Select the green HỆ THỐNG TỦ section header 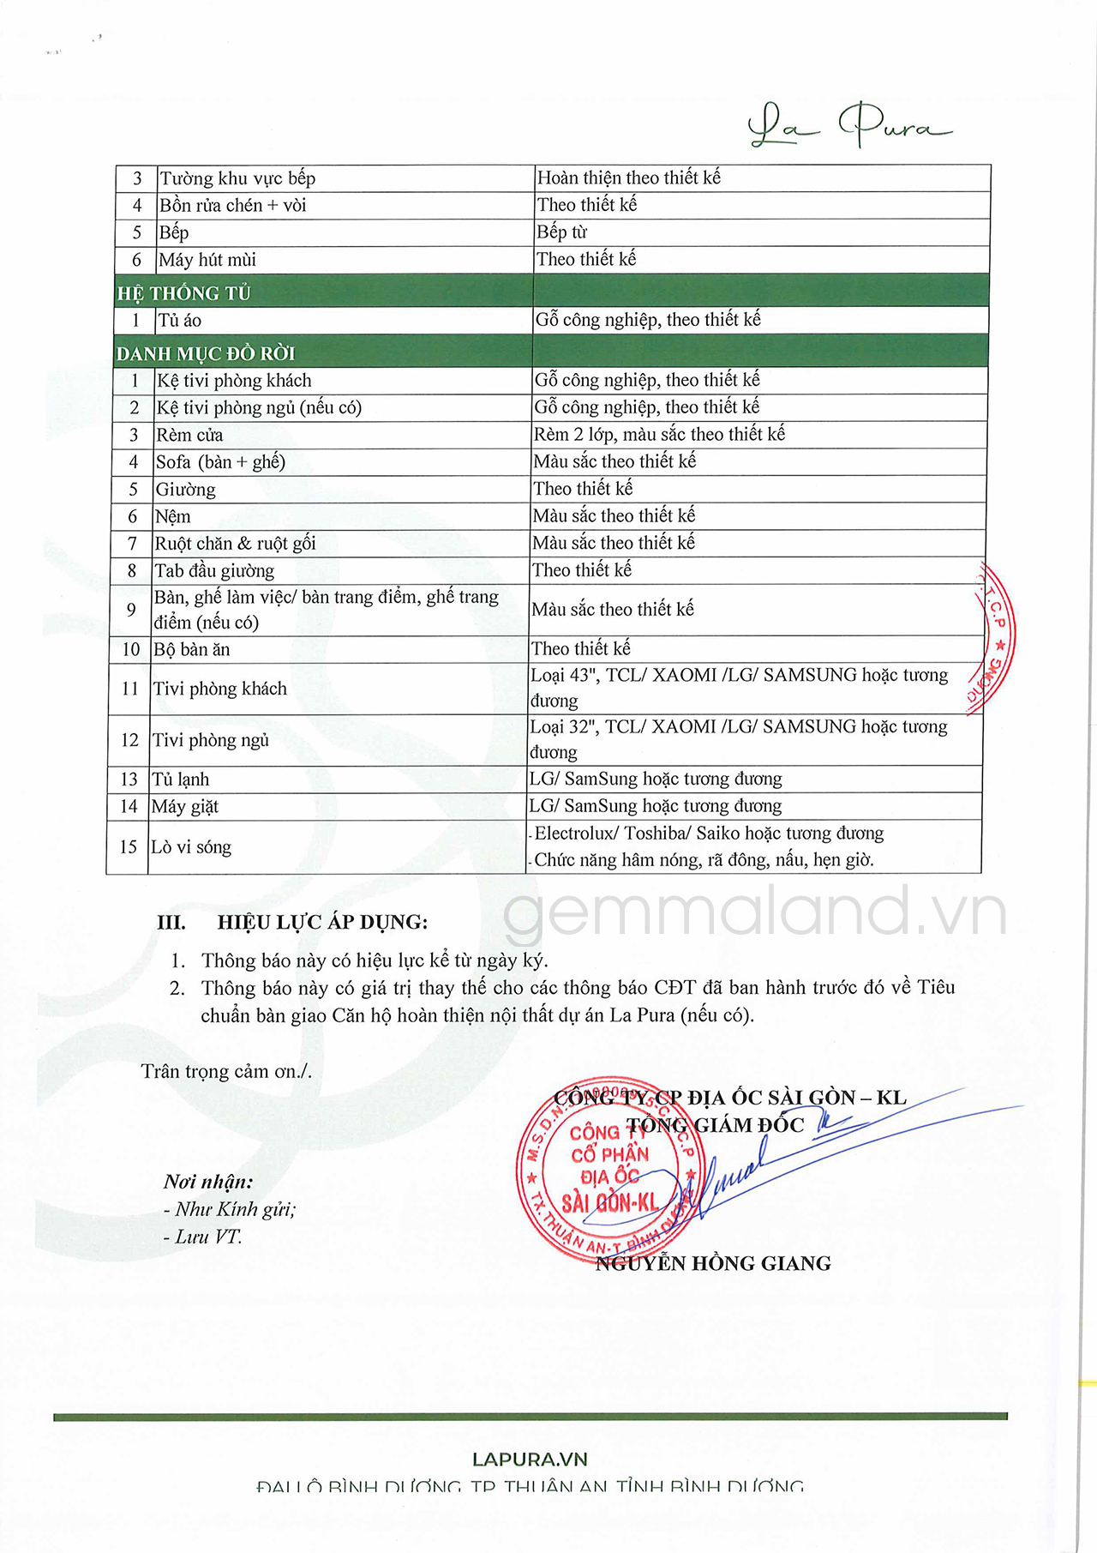point(184,293)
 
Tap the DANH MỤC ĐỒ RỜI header point(206,353)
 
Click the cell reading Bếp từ point(562,232)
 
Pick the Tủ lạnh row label point(181,779)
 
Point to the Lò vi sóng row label point(191,846)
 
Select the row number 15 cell point(128,846)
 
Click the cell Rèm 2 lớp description point(659,434)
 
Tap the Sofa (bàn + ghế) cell point(220,462)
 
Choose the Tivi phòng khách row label point(219,689)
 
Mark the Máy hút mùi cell point(207,260)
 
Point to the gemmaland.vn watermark point(754,912)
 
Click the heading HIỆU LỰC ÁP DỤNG point(322,922)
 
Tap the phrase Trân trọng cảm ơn point(226,1071)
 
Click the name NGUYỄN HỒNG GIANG point(713,1263)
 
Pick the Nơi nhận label point(208,1182)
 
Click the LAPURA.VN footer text point(530,1459)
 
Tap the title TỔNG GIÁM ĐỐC point(716,1125)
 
